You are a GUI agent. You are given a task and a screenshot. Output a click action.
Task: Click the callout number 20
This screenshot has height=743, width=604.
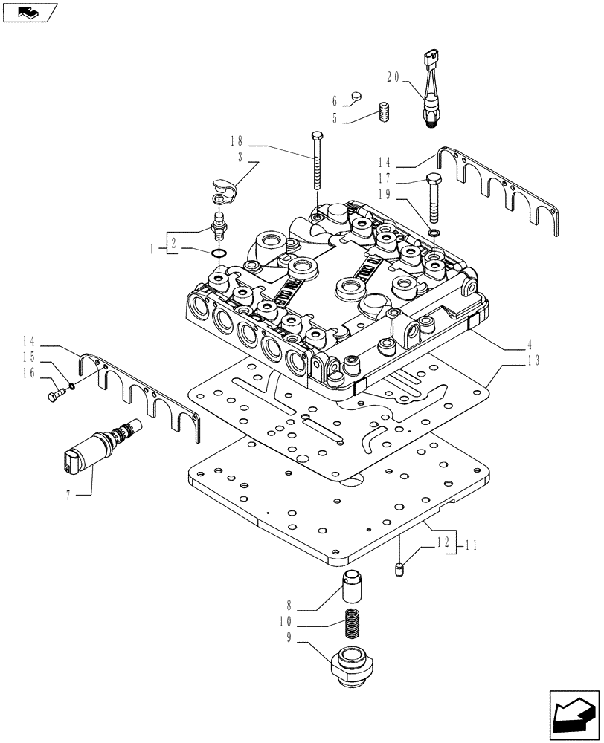pos(393,75)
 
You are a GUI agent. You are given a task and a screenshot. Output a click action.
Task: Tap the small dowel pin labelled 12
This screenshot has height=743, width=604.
pos(399,569)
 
